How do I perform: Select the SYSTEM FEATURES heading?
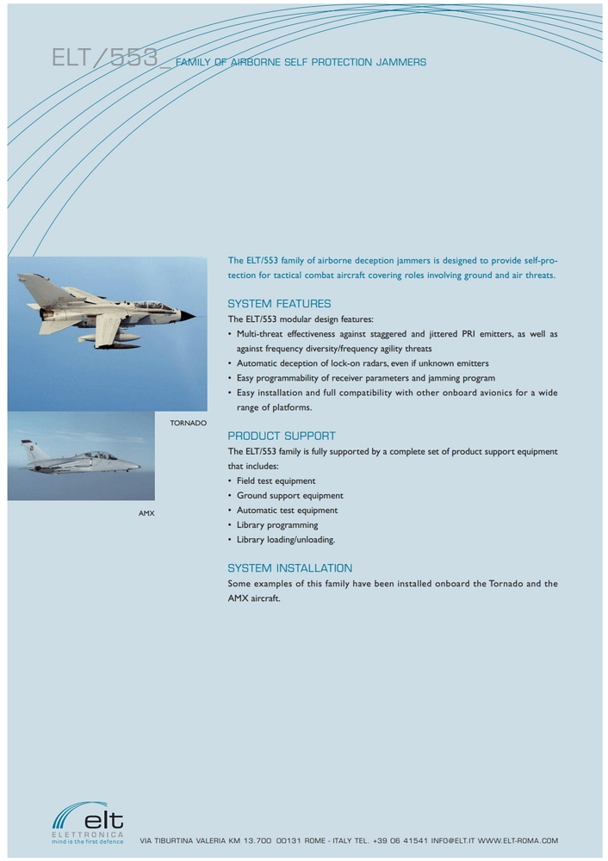click(279, 304)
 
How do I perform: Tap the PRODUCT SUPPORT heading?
click(282, 436)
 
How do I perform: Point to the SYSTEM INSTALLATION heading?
click(290, 568)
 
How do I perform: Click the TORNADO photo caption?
click(189, 424)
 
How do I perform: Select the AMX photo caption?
click(146, 513)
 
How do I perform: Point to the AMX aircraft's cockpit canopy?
click(99, 455)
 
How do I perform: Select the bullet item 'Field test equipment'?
click(276, 480)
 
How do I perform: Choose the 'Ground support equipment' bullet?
click(289, 495)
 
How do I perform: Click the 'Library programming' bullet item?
click(277, 524)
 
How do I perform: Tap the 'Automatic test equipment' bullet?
click(287, 510)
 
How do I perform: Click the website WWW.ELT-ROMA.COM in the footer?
click(518, 840)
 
